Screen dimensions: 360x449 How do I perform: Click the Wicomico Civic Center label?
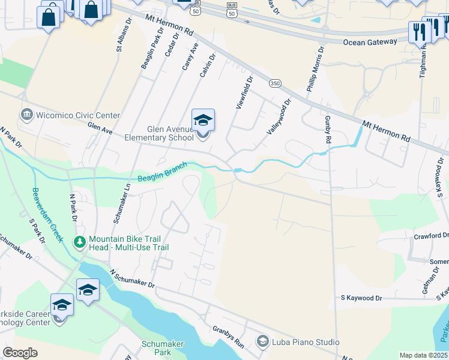78,115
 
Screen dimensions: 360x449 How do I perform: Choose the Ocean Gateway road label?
370,41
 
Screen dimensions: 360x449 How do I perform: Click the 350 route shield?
276,83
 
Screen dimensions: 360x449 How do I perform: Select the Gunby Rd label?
328,130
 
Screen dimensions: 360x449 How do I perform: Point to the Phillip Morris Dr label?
316,69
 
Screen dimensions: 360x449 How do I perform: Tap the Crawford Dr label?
431,236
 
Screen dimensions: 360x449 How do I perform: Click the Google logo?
20,353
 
